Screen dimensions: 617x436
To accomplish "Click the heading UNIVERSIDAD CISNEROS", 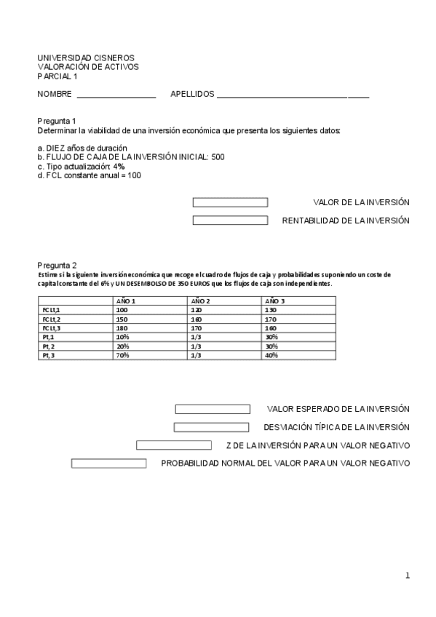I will [x=86, y=58].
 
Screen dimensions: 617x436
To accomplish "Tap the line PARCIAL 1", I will [x=58, y=76].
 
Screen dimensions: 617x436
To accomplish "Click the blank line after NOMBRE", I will [x=116, y=95].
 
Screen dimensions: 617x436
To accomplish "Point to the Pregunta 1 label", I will [x=57, y=121].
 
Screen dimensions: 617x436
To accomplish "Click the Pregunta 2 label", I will [x=57, y=266].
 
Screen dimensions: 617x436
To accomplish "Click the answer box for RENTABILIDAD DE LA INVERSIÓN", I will [x=230, y=220].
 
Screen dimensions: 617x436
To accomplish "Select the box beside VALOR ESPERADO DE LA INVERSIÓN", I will [x=213, y=410].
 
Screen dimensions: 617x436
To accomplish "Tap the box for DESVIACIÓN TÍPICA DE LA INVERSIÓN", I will [x=211, y=427].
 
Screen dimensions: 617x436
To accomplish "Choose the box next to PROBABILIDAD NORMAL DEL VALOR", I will [x=108, y=463].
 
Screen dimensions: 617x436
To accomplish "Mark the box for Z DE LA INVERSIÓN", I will [x=173, y=445].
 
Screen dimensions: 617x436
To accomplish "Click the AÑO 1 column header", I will [x=126, y=300].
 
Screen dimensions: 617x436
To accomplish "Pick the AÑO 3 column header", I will [x=275, y=300].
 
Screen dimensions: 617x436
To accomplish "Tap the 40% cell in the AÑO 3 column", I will [x=271, y=355].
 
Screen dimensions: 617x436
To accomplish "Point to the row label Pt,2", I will [x=49, y=346].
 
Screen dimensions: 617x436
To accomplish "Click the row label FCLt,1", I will [x=51, y=310].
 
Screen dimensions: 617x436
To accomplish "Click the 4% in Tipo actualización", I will [x=119, y=166].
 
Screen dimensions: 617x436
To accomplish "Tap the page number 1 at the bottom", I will [x=408, y=576].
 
